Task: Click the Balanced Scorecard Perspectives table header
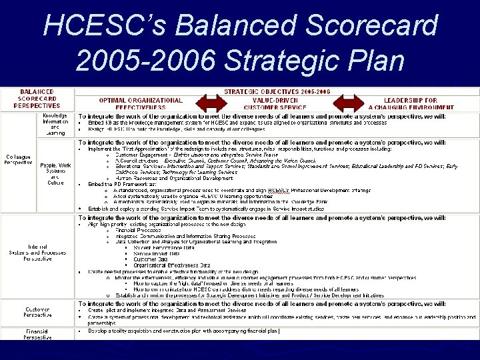(x=37, y=99)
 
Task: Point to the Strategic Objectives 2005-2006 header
(x=277, y=91)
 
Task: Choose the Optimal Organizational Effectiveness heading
(x=141, y=103)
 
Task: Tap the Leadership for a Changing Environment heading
(x=411, y=103)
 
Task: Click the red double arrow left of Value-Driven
(x=210, y=104)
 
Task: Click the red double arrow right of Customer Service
(x=349, y=104)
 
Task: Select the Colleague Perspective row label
(x=18, y=161)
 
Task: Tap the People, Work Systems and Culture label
(x=56, y=174)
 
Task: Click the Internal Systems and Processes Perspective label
(x=37, y=254)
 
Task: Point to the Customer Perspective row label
(x=37, y=313)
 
